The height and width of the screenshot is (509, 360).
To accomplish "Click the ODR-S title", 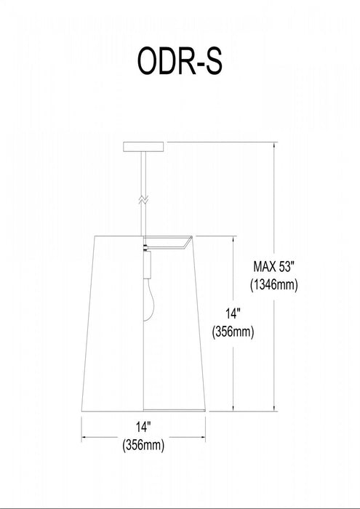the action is coord(180,62).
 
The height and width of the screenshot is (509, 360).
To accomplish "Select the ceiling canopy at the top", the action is coord(143,147).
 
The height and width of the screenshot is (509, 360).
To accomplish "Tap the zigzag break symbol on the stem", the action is coord(143,200).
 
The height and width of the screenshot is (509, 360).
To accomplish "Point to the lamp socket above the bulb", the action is coord(147,265).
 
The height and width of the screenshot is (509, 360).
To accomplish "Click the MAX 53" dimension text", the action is coord(273,267).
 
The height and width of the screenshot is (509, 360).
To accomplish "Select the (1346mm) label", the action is coord(274,285).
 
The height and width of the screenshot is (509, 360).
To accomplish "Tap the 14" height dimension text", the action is coord(233,313).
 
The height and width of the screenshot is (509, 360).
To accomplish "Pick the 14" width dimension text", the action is coord(143,428).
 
